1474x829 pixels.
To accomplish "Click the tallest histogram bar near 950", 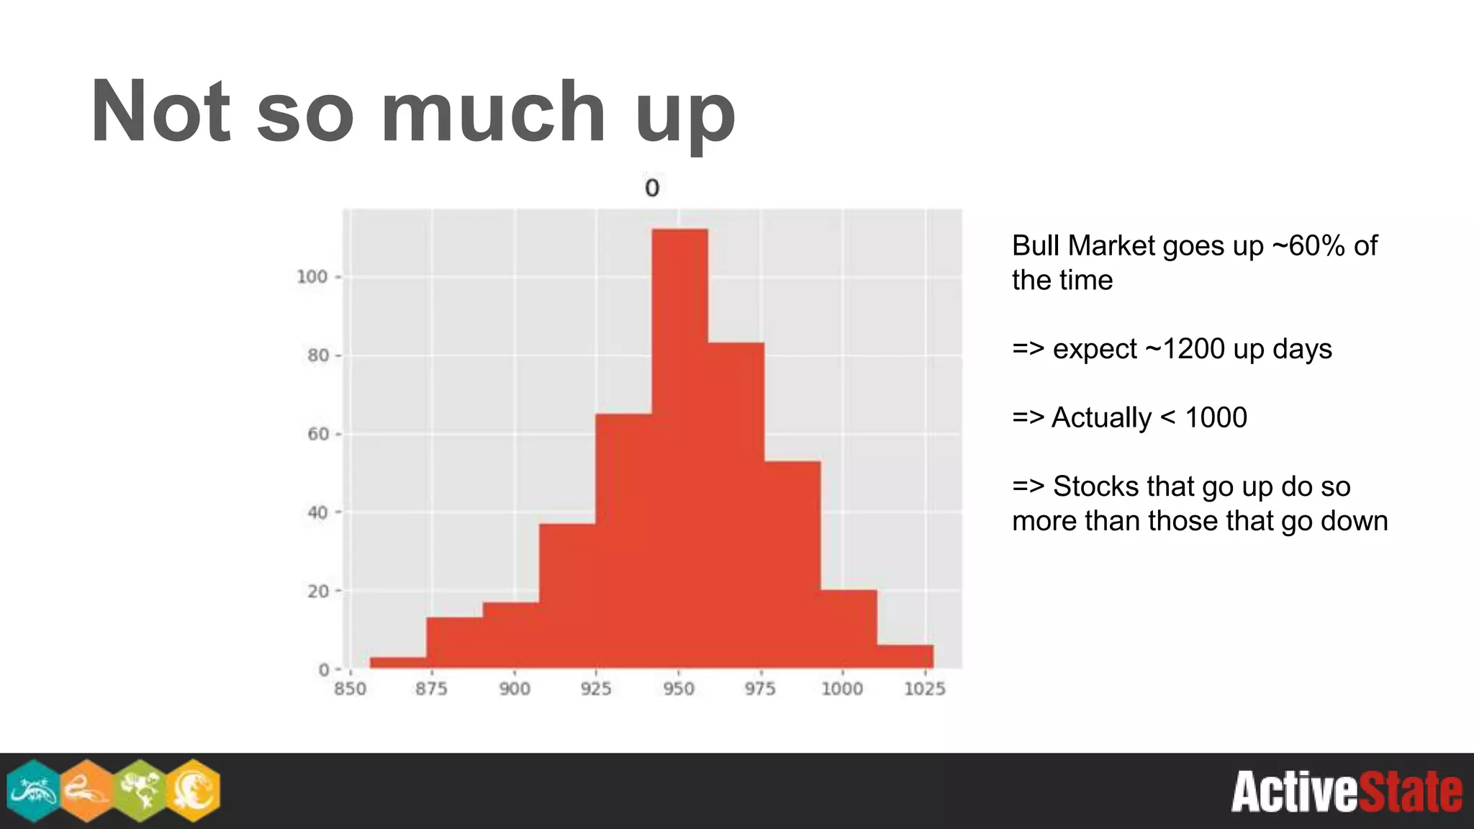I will (679, 446).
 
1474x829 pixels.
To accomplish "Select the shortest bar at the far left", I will (398, 662).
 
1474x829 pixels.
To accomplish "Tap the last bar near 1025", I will (905, 656).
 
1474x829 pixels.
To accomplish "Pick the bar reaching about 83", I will (736, 504).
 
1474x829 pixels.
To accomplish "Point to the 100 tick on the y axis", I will (312, 277).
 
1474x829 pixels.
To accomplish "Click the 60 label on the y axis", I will (317, 434).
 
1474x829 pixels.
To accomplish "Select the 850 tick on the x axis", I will (351, 689).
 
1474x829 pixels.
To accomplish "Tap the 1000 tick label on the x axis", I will (842, 689).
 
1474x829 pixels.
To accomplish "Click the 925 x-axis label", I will (596, 689).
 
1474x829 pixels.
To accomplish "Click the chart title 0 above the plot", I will (651, 189).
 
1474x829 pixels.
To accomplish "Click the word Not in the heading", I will (160, 112).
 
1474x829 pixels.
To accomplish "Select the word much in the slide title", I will (493, 112).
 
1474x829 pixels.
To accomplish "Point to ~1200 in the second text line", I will (1185, 349).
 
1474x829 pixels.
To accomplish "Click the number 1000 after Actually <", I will (1216, 417).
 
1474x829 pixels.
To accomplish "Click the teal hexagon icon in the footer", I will (33, 790).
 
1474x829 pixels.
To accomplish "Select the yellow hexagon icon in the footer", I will (193, 790).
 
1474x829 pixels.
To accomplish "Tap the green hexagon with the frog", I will (140, 790).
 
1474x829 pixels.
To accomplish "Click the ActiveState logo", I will (1346, 792).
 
